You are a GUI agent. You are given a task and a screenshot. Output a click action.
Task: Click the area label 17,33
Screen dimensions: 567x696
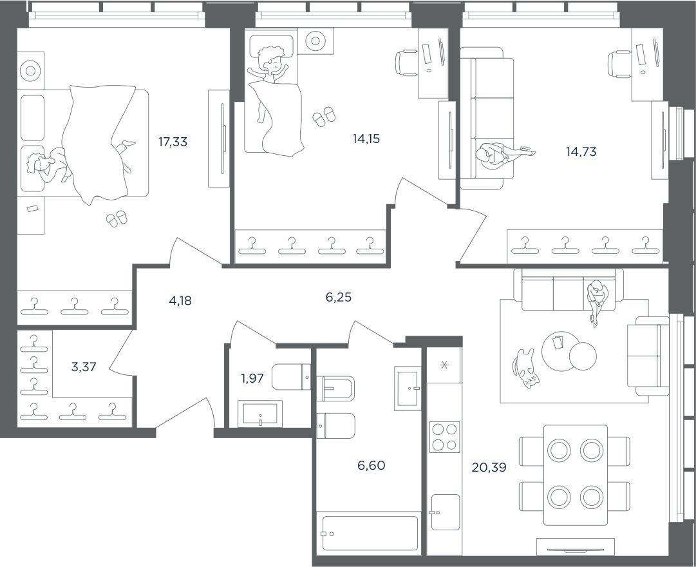[173, 142]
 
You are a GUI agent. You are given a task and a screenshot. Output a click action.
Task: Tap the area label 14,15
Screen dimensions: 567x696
[366, 138]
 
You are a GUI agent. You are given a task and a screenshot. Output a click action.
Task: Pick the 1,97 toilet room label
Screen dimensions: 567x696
[252, 378]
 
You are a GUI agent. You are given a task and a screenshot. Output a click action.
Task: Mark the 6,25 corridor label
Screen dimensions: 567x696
[339, 297]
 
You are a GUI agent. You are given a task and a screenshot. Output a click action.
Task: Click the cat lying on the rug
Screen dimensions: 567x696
[526, 369]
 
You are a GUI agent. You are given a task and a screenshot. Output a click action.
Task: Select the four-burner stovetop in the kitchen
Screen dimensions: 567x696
[444, 437]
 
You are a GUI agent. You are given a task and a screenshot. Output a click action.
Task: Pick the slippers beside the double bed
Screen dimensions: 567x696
[117, 219]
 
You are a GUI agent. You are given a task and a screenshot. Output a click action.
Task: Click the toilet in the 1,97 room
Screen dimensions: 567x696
[291, 376]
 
